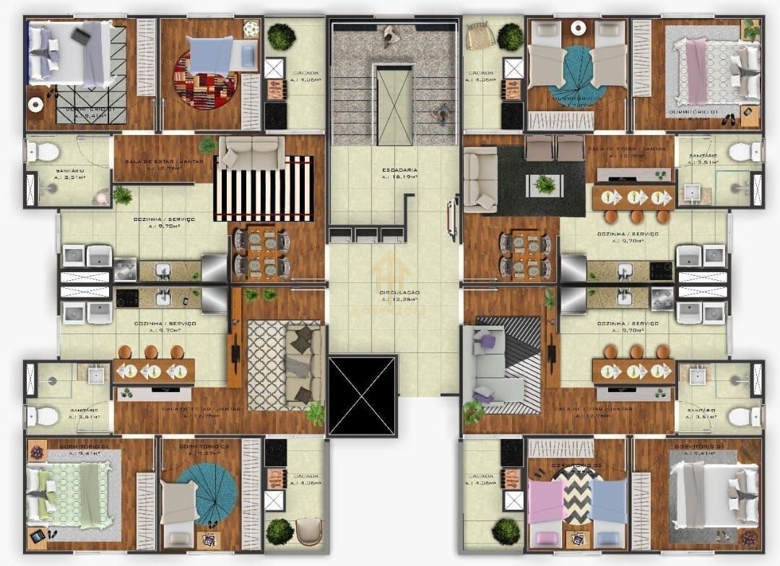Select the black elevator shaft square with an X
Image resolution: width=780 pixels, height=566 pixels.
point(363,396)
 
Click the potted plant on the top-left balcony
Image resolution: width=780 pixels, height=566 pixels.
point(281,37)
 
